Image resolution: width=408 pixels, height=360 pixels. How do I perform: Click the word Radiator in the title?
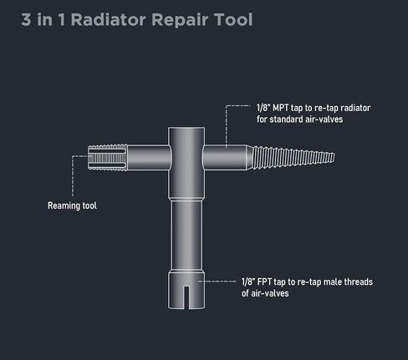pyautogui.click(x=108, y=19)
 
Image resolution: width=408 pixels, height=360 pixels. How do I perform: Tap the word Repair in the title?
pyautogui.click(x=180, y=20)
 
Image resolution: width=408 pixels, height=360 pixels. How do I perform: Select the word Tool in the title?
pyautogui.click(x=233, y=19)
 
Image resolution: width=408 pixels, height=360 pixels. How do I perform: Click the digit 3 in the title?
pyautogui.click(x=26, y=20)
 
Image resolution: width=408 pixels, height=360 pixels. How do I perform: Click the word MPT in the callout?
pyautogui.click(x=280, y=108)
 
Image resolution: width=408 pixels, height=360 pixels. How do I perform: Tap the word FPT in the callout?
pyautogui.click(x=264, y=281)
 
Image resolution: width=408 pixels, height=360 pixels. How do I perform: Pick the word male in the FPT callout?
pyautogui.click(x=333, y=281)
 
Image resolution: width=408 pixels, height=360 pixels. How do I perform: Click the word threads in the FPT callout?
pyautogui.click(x=359, y=281)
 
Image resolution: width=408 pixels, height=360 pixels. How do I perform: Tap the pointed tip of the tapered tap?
pyautogui.click(x=334, y=157)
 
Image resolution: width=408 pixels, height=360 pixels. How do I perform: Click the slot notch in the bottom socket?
pyautogui.click(x=186, y=297)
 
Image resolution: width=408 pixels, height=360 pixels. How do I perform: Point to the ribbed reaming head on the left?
pyautogui.click(x=108, y=157)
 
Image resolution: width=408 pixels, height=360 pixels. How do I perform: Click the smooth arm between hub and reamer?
pyautogui.click(x=148, y=157)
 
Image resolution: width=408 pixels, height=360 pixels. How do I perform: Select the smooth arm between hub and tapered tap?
pyautogui.click(x=224, y=157)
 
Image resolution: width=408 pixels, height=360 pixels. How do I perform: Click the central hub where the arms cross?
pyautogui.click(x=186, y=157)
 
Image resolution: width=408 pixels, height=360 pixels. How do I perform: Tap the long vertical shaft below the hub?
pyautogui.click(x=186, y=236)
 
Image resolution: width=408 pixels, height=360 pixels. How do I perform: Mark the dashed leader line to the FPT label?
pyautogui.click(x=217, y=281)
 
